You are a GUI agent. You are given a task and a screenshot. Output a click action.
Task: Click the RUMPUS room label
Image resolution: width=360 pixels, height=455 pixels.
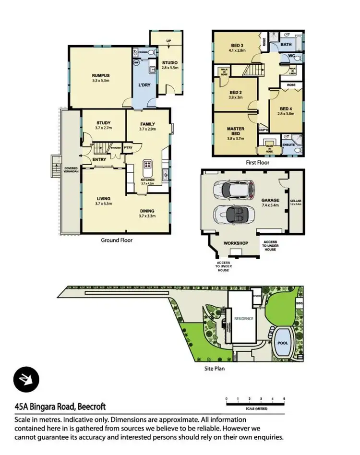[101, 75]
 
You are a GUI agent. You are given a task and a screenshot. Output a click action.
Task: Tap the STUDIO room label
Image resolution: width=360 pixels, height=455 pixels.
[170, 62]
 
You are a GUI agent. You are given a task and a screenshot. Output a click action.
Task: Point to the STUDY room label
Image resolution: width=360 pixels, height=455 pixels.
[103, 122]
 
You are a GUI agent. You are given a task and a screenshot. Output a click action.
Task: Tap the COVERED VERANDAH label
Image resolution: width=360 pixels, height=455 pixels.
[71, 173]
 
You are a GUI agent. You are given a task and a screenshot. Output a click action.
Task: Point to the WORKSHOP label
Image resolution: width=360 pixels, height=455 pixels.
[236, 243]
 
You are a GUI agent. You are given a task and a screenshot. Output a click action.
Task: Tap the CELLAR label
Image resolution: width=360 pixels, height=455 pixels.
[296, 203]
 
